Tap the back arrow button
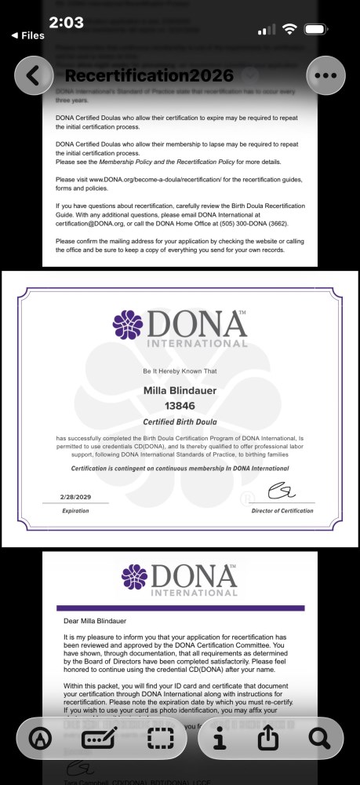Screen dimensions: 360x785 pyautogui.click(x=33, y=75)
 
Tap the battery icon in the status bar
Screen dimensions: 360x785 pyautogui.click(x=316, y=29)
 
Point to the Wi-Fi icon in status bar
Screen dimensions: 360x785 pyautogui.click(x=289, y=29)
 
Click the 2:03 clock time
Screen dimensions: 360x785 pyautogui.click(x=66, y=23)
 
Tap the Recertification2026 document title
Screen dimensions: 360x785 pyautogui.click(x=149, y=76)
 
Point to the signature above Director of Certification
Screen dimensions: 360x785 pyautogui.click(x=280, y=492)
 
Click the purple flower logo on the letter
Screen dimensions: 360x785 pyautogui.click(x=134, y=577)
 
